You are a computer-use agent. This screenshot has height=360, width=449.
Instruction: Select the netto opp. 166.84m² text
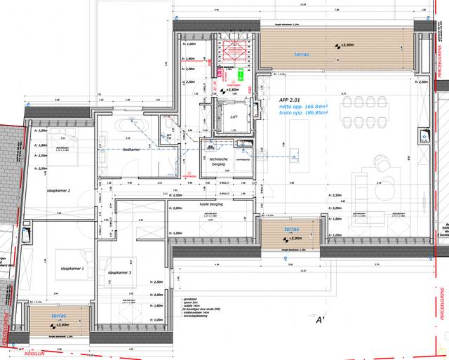coord(305,107)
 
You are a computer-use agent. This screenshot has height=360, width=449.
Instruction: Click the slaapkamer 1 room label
coord(72,269)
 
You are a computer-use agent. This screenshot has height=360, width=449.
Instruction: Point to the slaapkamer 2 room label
coord(58,191)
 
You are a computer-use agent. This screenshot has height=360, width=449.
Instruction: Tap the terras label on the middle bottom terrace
coord(290,229)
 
